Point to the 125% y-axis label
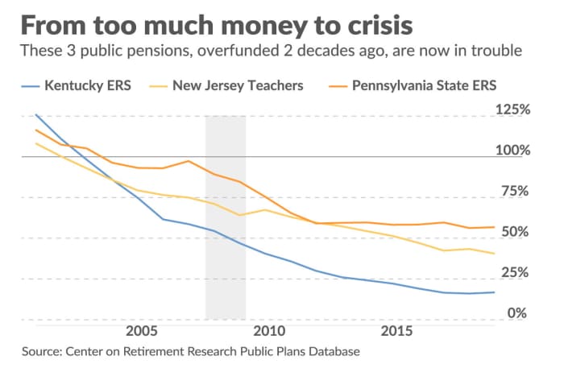coord(512,110)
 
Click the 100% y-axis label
coord(512,151)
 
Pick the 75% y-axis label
coord(516,192)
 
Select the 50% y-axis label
coord(516,232)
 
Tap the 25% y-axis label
coord(516,273)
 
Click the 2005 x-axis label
coord(141,332)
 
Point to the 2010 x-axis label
coord(266,332)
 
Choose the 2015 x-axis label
coord(392,332)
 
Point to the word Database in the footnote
coord(332,352)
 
